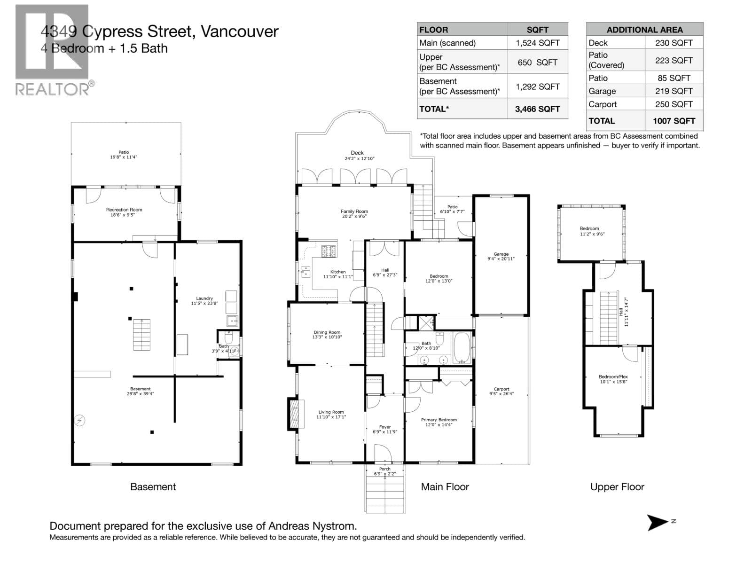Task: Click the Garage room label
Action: pyautogui.click(x=501, y=254)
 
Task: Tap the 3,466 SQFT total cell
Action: pyautogui.click(x=537, y=109)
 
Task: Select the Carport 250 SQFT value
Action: pyautogui.click(x=674, y=104)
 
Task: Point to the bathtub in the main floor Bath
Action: pyautogui.click(x=462, y=348)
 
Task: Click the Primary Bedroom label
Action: pyautogui.click(x=439, y=420)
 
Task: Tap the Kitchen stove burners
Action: pyautogui.click(x=329, y=251)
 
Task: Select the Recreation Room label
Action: pyautogui.click(x=124, y=210)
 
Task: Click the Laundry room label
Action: pyautogui.click(x=204, y=298)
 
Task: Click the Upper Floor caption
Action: pyautogui.click(x=617, y=487)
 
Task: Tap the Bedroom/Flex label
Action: pyautogui.click(x=613, y=376)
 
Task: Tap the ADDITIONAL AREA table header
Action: pyautogui.click(x=644, y=30)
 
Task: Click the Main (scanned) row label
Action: pyautogui.click(x=447, y=43)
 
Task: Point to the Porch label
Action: pyautogui.click(x=384, y=469)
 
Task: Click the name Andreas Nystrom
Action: pyautogui.click(x=312, y=526)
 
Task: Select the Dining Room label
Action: pyautogui.click(x=327, y=332)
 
